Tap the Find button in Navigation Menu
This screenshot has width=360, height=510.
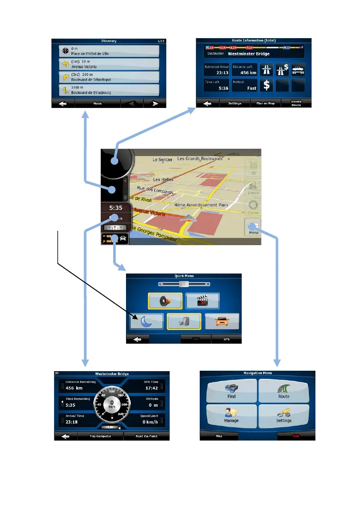[x=231, y=390]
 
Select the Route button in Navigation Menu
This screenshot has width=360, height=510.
[x=283, y=390]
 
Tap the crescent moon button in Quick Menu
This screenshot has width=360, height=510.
[x=147, y=321]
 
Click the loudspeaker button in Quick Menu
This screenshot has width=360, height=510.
[x=165, y=300]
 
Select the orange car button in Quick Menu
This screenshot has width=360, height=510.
[x=222, y=321]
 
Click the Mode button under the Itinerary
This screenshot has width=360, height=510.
[x=97, y=103]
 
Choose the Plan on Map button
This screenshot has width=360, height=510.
[x=265, y=103]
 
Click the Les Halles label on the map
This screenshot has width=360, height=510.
[x=163, y=180]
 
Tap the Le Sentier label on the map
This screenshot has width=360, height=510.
[x=162, y=159]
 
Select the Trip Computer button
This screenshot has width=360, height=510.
[x=100, y=436]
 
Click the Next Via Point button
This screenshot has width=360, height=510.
[x=147, y=436]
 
